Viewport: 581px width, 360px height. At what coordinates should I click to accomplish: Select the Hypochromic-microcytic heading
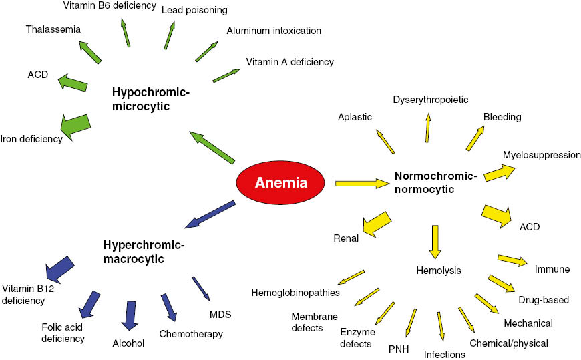[151, 100]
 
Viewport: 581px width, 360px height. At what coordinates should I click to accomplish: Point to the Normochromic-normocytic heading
[436, 183]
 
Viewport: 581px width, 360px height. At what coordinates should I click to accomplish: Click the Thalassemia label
[53, 29]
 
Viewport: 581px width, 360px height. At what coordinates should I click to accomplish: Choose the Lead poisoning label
[194, 10]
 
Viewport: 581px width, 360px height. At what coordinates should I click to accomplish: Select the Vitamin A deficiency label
[289, 62]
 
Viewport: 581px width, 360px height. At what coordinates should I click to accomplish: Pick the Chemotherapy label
[191, 334]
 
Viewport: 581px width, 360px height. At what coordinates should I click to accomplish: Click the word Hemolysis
[438, 271]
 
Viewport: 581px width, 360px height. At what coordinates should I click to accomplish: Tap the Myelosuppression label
[542, 155]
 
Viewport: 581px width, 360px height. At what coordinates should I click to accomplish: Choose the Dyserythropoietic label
[430, 100]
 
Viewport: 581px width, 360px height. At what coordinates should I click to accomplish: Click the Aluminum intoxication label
[274, 31]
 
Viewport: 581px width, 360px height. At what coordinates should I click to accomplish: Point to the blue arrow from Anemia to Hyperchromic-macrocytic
[209, 214]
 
